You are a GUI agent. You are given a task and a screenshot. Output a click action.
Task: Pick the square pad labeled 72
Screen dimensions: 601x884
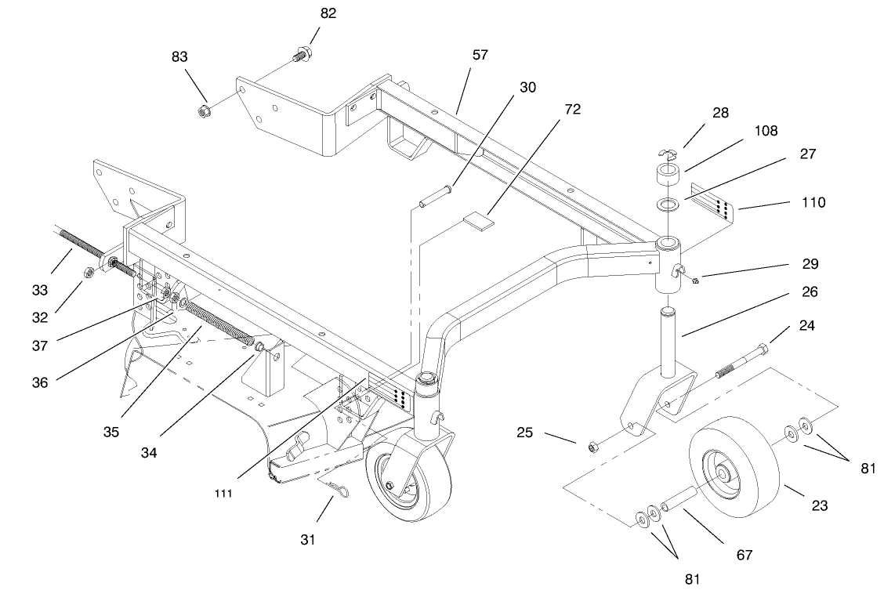[x=479, y=221]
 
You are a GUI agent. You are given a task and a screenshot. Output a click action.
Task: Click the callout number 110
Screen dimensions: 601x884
[x=813, y=202]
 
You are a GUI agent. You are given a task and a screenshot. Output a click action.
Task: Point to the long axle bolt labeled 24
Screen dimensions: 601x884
[x=741, y=361]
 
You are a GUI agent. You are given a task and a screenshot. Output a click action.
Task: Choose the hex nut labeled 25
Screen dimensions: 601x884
[x=593, y=447]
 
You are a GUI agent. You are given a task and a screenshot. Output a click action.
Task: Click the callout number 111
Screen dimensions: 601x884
[x=223, y=494]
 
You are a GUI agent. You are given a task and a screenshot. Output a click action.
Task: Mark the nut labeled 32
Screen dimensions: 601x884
[x=89, y=273]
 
